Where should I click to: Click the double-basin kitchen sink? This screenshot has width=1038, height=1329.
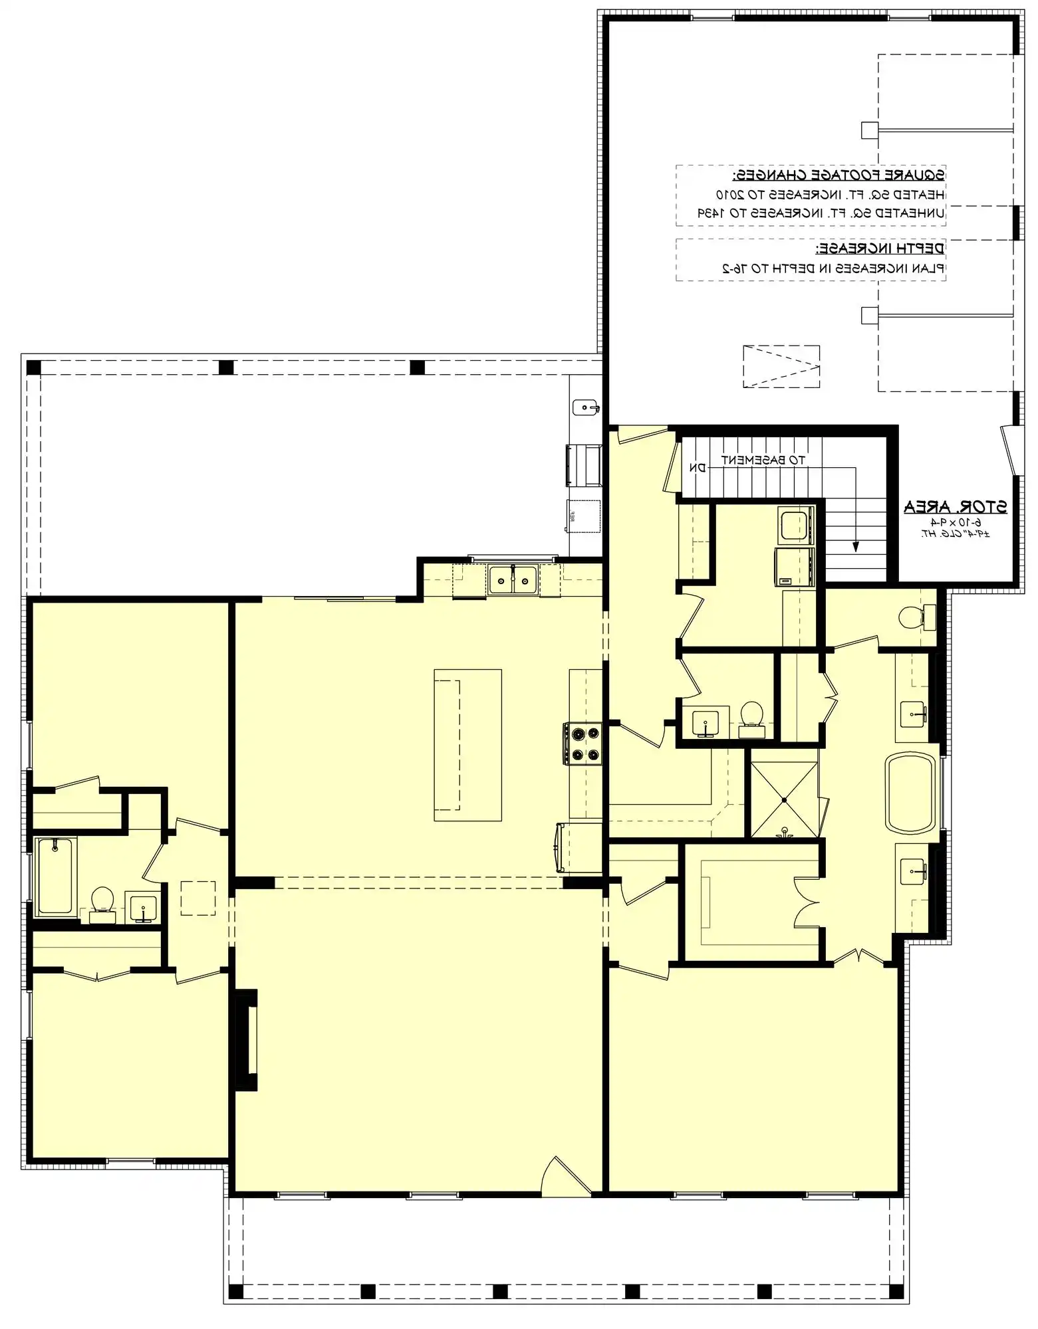tap(513, 581)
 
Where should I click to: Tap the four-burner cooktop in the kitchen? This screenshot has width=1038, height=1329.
tap(583, 744)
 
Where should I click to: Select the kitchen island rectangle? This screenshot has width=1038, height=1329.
tap(467, 745)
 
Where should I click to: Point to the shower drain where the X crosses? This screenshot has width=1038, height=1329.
tap(784, 800)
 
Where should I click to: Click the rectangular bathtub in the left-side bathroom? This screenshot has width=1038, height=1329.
tap(56, 876)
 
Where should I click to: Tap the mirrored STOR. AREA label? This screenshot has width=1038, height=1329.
tap(955, 508)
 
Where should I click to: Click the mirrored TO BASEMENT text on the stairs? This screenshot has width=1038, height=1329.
tap(763, 460)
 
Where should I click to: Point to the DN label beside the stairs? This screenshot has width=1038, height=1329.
tap(697, 468)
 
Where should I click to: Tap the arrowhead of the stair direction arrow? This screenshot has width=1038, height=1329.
tap(856, 547)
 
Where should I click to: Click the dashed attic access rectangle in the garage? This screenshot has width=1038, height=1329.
tap(781, 366)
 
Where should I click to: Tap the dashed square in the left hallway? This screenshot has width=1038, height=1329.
tap(198, 898)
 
